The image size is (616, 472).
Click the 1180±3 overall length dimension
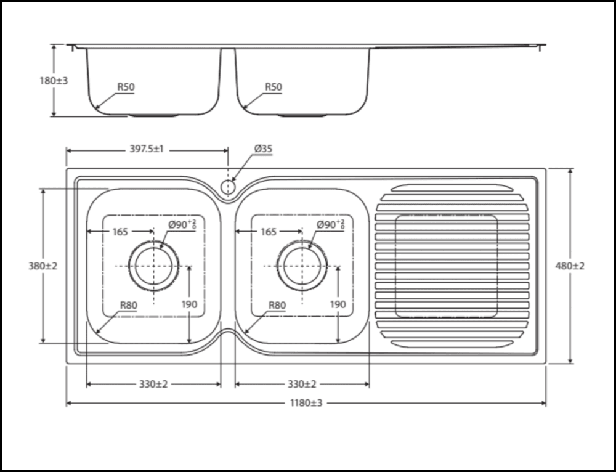[x=306, y=403]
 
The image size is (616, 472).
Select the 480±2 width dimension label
[x=570, y=266]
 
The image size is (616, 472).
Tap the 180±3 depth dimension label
[x=53, y=80]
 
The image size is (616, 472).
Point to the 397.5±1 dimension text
[x=146, y=149]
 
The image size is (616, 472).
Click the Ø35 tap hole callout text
[x=263, y=149]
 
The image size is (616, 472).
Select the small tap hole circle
[x=229, y=186]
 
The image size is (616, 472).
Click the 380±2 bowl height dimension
[x=43, y=266]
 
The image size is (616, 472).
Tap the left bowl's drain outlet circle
[x=154, y=266]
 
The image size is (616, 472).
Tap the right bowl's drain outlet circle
[x=302, y=266]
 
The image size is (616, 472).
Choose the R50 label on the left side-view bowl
[x=126, y=87]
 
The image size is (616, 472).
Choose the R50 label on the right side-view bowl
[x=274, y=87]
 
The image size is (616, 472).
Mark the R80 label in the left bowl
[x=129, y=304]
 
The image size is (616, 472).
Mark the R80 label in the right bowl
[x=277, y=304]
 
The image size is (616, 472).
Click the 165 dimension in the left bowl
[x=120, y=232]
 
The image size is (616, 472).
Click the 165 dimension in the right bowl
[x=269, y=232]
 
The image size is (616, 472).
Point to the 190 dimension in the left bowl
[x=189, y=304]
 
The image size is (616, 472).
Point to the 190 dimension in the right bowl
[x=338, y=304]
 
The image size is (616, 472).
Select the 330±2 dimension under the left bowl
[x=153, y=384]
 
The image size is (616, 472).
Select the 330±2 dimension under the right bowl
[x=302, y=384]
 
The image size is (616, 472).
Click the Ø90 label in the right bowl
[x=330, y=224]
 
